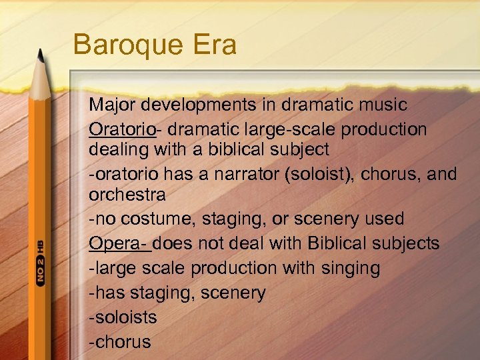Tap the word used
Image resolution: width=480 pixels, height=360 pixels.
click(382, 219)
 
